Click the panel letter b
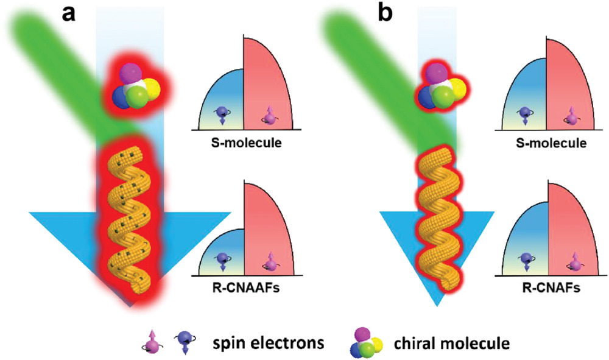387,13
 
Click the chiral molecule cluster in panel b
442,86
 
